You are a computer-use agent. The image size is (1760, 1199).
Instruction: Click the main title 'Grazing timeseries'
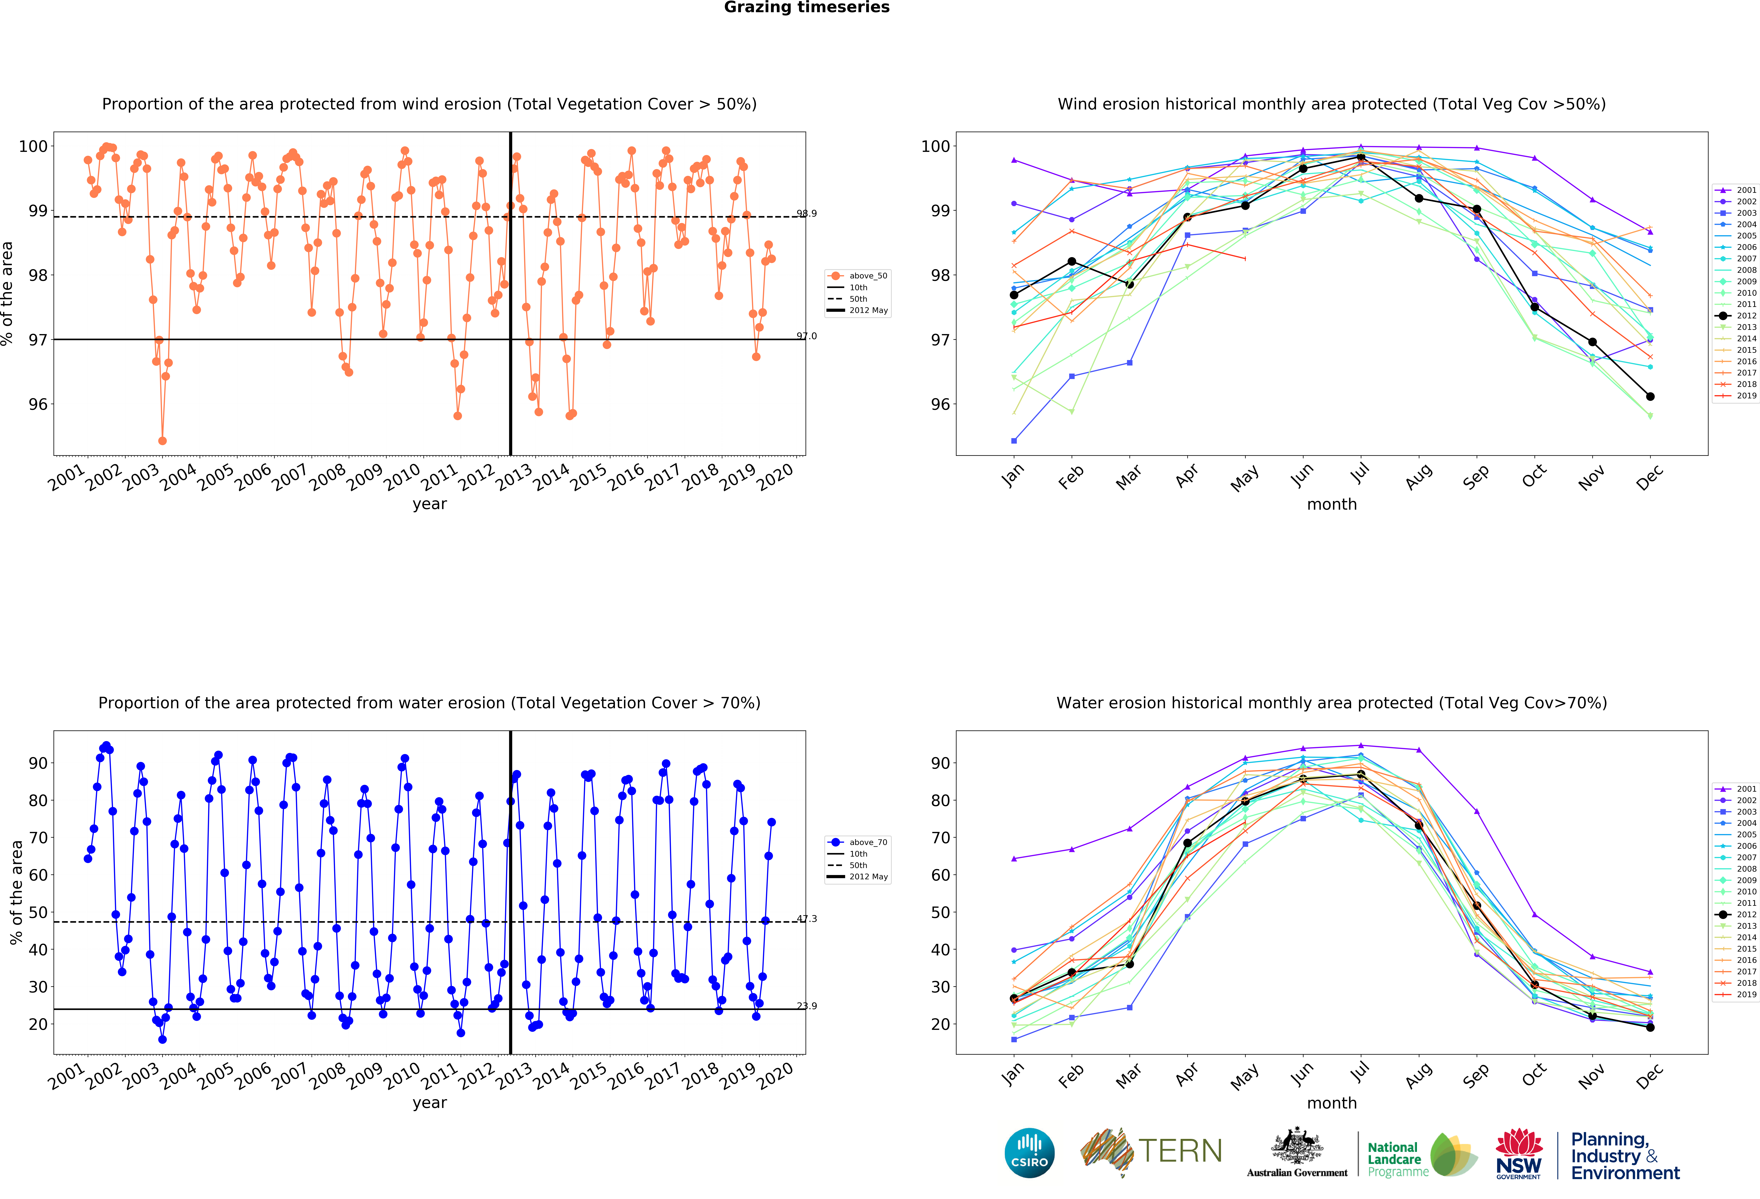806,8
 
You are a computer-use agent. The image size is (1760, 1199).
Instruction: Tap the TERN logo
1151,1152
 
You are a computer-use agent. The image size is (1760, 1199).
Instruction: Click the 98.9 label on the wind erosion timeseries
806,213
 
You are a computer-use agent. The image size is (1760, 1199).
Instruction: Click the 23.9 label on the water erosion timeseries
806,1006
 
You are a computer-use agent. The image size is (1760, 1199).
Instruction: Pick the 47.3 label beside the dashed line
806,919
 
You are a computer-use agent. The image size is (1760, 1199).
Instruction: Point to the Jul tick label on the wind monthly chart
1360,475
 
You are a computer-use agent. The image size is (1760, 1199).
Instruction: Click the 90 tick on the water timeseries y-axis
38,763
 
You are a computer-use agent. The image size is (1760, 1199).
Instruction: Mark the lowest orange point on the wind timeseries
162,441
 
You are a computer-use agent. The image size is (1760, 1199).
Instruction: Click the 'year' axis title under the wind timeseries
429,504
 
